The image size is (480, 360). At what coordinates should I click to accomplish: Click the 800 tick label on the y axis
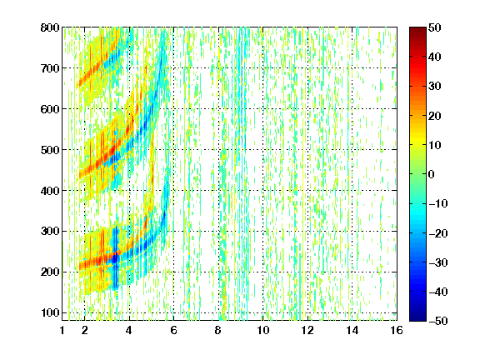[50, 27]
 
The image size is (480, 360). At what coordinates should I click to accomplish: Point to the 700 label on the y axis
[50, 68]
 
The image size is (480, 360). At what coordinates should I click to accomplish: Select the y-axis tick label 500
[50, 150]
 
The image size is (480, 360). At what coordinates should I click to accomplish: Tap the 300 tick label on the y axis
[50, 232]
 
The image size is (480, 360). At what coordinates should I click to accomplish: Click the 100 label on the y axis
[50, 312]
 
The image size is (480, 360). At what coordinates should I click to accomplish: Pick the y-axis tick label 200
[50, 272]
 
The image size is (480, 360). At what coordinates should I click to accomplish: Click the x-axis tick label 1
[62, 330]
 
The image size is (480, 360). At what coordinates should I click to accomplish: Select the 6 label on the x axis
[173, 330]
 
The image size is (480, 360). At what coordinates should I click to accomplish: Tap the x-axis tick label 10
[263, 330]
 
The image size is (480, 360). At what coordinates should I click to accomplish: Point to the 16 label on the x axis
[397, 330]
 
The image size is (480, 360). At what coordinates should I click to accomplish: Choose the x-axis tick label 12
[307, 330]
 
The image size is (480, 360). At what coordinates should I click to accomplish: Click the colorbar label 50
[434, 27]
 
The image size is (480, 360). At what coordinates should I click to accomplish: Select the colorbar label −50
[438, 321]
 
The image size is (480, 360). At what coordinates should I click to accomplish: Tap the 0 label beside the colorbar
[432, 174]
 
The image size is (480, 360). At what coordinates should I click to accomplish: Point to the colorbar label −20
[438, 233]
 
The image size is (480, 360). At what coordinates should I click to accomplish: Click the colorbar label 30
[434, 87]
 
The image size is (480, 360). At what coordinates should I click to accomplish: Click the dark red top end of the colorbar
[417, 29]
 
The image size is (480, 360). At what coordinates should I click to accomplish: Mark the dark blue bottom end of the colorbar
[417, 318]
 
